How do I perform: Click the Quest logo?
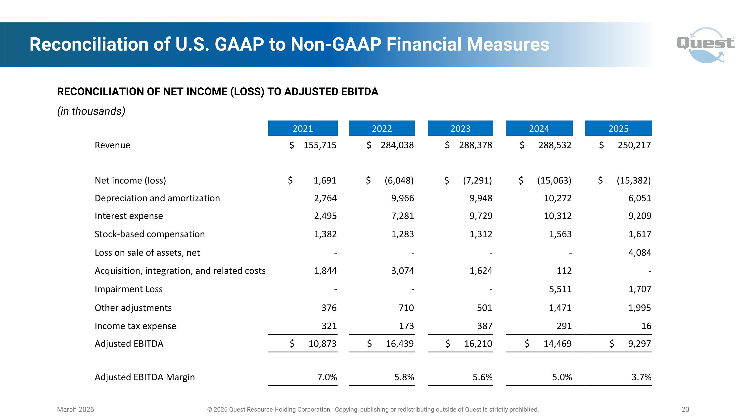[x=705, y=45]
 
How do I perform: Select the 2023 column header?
[x=461, y=128]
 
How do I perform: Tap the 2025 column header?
[x=618, y=128]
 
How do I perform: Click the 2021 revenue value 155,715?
[x=320, y=145]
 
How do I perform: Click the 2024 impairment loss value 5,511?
[x=560, y=289]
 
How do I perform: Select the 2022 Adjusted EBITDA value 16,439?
[x=399, y=344]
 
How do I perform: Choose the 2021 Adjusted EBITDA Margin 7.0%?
[x=327, y=377]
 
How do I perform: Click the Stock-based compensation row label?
[x=149, y=234]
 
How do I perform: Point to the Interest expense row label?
[x=129, y=216]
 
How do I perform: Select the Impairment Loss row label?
[x=129, y=289]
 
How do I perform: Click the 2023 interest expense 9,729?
[x=481, y=216]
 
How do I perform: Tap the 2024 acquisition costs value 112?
[x=564, y=271]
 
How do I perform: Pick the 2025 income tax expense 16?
[x=646, y=326]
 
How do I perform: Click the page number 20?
[x=685, y=410]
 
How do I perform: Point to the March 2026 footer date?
[x=75, y=410]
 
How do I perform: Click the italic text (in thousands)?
[x=91, y=111]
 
